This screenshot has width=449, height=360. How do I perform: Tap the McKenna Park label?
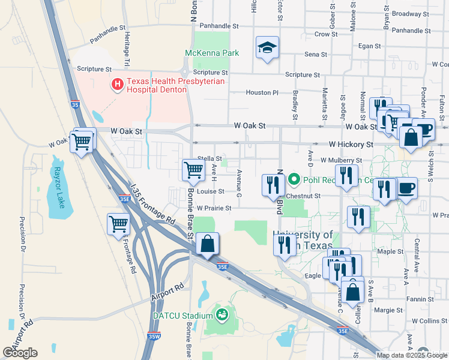[212, 53]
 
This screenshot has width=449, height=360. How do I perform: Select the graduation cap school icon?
[267, 49]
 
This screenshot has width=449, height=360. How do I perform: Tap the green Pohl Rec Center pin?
[294, 179]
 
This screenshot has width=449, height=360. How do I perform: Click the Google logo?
[20, 353]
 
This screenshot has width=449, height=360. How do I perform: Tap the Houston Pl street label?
[262, 92]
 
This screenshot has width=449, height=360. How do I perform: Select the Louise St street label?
[210, 191]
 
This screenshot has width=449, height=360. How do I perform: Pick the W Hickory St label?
[351, 145]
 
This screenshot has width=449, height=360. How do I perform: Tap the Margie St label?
[389, 310]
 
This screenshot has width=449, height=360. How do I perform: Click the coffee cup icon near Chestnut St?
[406, 188]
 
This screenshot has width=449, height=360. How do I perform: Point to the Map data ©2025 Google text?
[411, 355]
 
